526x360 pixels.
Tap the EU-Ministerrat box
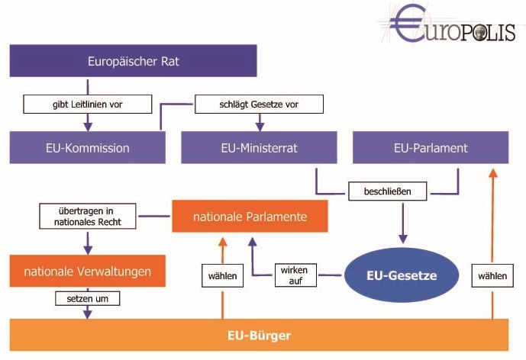click(259, 147)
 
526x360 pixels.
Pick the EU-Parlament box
click(430, 147)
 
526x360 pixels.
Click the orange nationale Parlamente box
click(250, 217)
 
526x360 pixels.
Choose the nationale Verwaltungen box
click(87, 271)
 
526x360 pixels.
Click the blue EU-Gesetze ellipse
click(401, 275)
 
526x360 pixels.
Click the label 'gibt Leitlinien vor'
click(89, 103)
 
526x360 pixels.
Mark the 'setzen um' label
click(88, 299)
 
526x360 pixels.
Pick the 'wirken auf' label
click(295, 275)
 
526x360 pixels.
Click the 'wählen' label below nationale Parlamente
click(222, 275)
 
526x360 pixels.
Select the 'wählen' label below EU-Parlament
click(492, 275)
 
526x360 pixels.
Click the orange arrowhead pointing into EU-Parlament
click(492, 171)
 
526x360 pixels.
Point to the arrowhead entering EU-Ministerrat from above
click(260, 125)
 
